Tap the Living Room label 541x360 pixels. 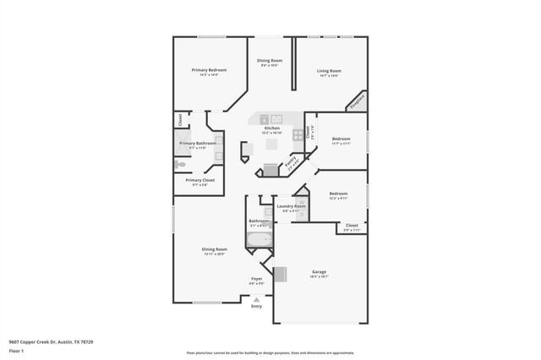(x=329, y=70)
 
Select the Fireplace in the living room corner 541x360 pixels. (x=358, y=101)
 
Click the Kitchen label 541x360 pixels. (x=271, y=128)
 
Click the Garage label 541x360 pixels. (x=319, y=271)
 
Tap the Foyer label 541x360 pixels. (x=257, y=278)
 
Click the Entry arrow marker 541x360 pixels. (x=257, y=298)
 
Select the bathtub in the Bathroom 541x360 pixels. (x=259, y=239)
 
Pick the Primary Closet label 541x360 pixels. (x=200, y=179)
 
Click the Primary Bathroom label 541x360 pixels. (x=198, y=143)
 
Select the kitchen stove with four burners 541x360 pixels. (x=298, y=134)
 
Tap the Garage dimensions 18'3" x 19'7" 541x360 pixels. (x=319, y=276)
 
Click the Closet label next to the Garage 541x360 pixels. (x=352, y=225)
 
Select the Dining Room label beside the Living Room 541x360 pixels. (x=270, y=60)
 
